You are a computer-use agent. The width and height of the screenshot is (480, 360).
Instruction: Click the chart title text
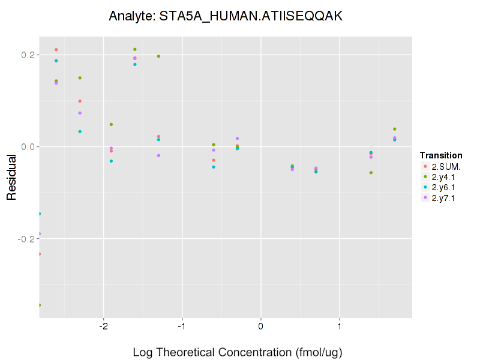[226, 16]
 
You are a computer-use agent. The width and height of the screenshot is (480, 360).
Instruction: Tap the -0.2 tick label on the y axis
[26, 239]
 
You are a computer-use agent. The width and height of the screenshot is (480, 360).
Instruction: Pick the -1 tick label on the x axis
[181, 326]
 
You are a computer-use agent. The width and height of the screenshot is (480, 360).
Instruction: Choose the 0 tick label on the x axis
[261, 326]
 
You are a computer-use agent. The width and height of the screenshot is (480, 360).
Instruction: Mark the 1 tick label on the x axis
[340, 326]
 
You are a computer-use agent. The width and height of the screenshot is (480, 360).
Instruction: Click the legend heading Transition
[440, 155]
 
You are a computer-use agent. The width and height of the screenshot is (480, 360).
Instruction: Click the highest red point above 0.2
[56, 50]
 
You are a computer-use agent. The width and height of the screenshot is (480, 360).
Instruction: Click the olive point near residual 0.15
[80, 78]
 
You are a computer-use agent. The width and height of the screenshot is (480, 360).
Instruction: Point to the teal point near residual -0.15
[40, 214]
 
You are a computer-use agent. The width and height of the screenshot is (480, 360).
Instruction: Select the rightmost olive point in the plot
[394, 129]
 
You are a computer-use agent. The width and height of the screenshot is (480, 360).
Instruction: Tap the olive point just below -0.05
[371, 173]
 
